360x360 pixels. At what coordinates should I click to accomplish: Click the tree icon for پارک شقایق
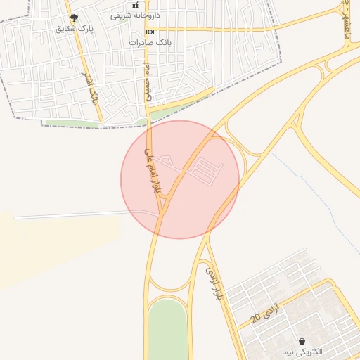(75, 18)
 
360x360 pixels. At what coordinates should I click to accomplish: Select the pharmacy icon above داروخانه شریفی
(135, 5)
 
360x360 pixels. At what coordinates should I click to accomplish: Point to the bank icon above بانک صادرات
(150, 32)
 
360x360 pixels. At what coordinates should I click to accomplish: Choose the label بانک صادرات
(150, 42)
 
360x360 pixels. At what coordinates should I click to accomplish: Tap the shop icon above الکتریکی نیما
(302, 341)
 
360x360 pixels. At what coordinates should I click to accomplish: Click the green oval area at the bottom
(168, 330)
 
